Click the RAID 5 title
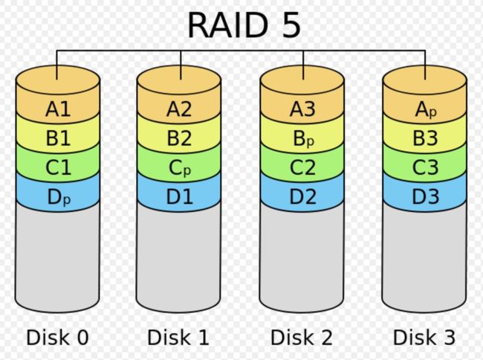tap(244, 25)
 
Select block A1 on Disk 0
tap(58, 109)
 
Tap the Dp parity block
tap(58, 196)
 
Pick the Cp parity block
tap(179, 167)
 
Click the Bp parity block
tap(302, 138)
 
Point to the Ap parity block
tap(425, 109)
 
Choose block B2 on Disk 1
tap(179, 138)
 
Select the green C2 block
tap(302, 167)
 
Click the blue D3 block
tap(425, 196)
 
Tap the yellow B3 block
tap(425, 138)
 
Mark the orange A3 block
tap(302, 109)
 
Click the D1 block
tap(179, 196)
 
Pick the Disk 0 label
tap(58, 337)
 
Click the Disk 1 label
tap(178, 337)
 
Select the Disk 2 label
tap(302, 337)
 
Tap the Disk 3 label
tap(424, 337)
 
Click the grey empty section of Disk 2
tap(302, 259)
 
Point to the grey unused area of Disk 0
tap(58, 259)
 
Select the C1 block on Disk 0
tap(58, 167)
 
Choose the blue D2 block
tap(302, 196)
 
